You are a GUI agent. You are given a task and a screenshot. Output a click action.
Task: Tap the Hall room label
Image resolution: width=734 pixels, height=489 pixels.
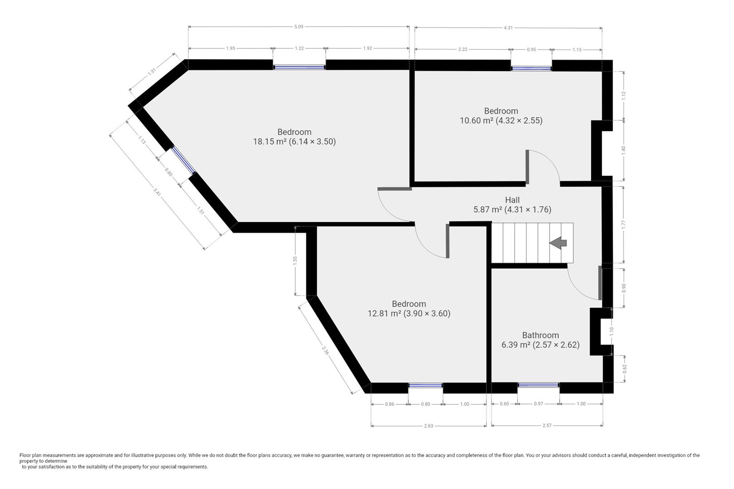pos(512,200)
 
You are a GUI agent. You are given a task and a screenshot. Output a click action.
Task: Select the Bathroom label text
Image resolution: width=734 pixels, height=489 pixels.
pos(541,335)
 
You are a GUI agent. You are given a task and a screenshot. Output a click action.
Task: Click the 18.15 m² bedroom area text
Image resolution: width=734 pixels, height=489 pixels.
pos(294,142)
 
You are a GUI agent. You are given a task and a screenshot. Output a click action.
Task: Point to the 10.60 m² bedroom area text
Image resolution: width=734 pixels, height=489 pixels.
pos(501,120)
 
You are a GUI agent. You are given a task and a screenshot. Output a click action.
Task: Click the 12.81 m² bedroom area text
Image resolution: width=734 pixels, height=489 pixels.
pos(409,313)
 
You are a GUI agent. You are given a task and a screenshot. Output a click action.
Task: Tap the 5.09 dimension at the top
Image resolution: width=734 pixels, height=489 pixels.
pos(298,27)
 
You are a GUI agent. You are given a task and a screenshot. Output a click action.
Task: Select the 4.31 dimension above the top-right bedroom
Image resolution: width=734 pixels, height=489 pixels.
pos(508,28)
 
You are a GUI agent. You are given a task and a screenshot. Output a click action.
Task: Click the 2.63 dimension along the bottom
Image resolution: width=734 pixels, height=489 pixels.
pos(428,426)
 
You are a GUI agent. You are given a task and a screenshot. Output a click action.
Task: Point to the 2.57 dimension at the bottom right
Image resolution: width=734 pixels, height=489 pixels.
pos(547,426)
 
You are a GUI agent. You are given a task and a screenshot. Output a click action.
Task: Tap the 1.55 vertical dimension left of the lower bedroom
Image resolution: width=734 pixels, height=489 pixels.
pos(295,260)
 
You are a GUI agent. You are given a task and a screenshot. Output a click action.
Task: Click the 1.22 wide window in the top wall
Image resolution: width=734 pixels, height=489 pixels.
pos(299,67)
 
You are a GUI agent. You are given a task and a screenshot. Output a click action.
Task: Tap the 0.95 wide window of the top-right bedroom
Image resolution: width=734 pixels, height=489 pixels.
pos(531,68)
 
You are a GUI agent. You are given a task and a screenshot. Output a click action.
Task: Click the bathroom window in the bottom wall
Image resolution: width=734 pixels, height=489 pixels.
pos(538,385)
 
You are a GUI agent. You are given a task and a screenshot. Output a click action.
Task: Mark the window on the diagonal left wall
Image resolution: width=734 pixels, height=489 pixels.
pos(183,160)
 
